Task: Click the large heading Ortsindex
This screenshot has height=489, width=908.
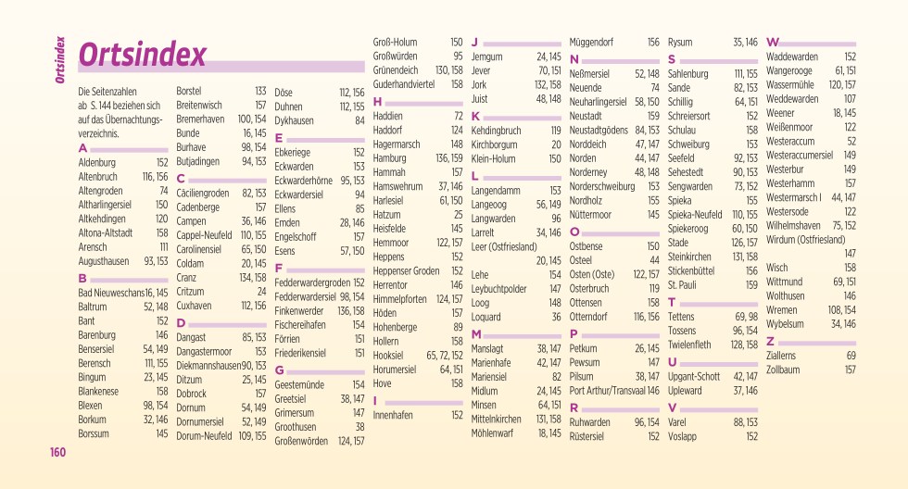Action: tap(142, 56)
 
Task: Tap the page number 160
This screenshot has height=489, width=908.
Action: tap(58, 453)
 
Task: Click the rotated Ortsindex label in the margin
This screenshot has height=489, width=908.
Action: tap(59, 61)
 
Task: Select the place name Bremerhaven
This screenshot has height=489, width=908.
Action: tap(202, 119)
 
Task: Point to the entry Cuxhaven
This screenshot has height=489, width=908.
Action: tap(194, 305)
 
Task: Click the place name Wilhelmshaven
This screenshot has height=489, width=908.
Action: tap(794, 225)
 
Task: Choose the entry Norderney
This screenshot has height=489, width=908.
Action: tap(590, 172)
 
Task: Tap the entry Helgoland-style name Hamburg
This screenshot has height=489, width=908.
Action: tap(390, 158)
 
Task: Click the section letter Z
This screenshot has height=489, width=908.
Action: tap(771, 341)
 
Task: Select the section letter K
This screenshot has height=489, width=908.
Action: tap(475, 117)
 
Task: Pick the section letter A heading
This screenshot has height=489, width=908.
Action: tap(82, 148)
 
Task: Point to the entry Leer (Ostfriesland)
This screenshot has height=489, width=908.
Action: tap(505, 246)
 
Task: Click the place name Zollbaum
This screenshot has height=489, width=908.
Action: tap(783, 370)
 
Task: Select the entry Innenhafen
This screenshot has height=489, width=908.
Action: tap(392, 416)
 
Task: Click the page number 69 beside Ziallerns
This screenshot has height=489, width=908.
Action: tap(851, 356)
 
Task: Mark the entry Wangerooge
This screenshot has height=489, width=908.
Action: tap(789, 70)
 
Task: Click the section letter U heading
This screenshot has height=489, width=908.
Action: tap(672, 362)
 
